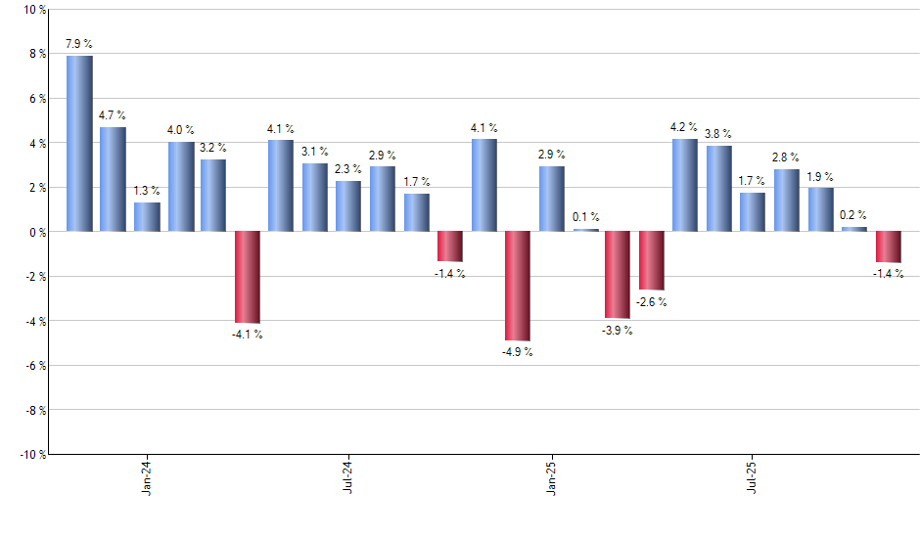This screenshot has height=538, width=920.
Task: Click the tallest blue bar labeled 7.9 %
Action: (x=79, y=143)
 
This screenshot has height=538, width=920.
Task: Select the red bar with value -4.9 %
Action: (x=517, y=286)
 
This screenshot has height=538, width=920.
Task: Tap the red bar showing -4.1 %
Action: (x=248, y=277)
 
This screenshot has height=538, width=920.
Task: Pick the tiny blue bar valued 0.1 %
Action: (x=584, y=230)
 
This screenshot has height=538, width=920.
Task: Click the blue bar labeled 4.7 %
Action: (x=113, y=179)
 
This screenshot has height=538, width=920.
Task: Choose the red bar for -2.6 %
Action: (x=652, y=260)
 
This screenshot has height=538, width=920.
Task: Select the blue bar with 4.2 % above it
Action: (x=685, y=185)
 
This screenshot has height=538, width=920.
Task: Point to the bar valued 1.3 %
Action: (x=147, y=217)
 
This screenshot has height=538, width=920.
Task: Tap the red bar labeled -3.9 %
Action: (x=618, y=275)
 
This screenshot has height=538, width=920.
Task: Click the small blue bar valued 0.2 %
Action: (x=854, y=229)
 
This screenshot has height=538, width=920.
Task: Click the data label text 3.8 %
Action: (x=718, y=134)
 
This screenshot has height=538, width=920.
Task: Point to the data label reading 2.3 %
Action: (x=348, y=169)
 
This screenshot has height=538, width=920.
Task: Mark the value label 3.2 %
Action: (x=213, y=148)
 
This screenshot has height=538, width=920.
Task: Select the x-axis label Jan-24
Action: (x=147, y=478)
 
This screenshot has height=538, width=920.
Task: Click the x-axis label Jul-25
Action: (x=752, y=478)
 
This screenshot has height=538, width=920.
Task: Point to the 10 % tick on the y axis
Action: (x=33, y=10)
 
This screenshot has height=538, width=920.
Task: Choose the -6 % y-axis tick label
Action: (x=33, y=366)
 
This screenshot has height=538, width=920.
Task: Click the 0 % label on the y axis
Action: (x=37, y=232)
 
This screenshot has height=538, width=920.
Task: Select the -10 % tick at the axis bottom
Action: (x=31, y=454)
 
